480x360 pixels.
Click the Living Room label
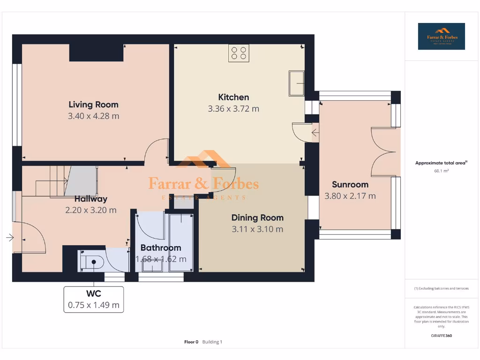click(x=93, y=105)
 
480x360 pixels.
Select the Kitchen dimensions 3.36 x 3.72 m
click(x=233, y=109)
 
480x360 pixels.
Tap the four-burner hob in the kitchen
click(x=239, y=53)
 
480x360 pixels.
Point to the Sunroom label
click(x=350, y=184)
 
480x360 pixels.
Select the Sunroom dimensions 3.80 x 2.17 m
click(x=350, y=196)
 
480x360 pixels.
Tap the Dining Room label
click(x=257, y=217)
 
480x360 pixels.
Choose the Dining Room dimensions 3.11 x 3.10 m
click(x=257, y=229)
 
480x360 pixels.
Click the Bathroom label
click(x=161, y=247)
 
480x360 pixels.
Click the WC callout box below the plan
click(x=94, y=300)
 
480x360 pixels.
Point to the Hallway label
click(x=91, y=199)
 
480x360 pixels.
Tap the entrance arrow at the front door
click(x=10, y=238)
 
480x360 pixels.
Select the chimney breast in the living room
click(x=97, y=52)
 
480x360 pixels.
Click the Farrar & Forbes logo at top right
click(x=442, y=37)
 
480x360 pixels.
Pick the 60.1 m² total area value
click(x=442, y=171)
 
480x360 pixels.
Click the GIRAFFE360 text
click(x=442, y=336)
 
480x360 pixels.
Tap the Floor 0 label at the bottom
click(x=191, y=342)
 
